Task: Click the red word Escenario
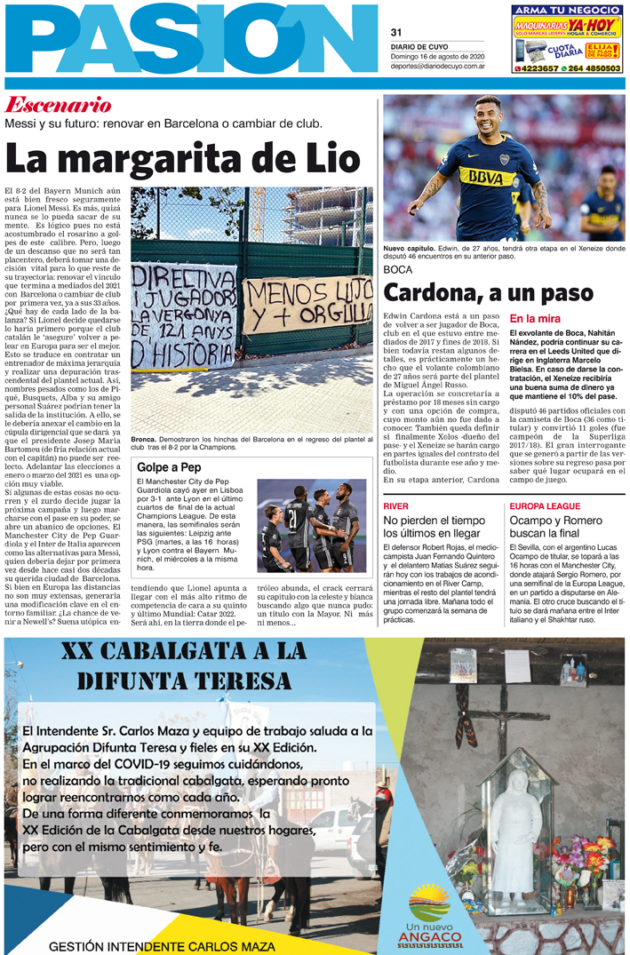[x=59, y=104]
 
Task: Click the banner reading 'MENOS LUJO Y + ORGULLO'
[x=307, y=303]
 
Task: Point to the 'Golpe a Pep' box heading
[x=169, y=467]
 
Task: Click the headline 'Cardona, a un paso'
[x=488, y=292]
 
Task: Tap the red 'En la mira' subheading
[x=535, y=318]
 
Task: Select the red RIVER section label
[x=396, y=505]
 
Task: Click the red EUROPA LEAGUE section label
[x=546, y=505]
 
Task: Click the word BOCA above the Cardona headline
[x=399, y=269]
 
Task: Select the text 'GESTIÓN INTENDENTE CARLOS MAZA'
[x=162, y=946]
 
